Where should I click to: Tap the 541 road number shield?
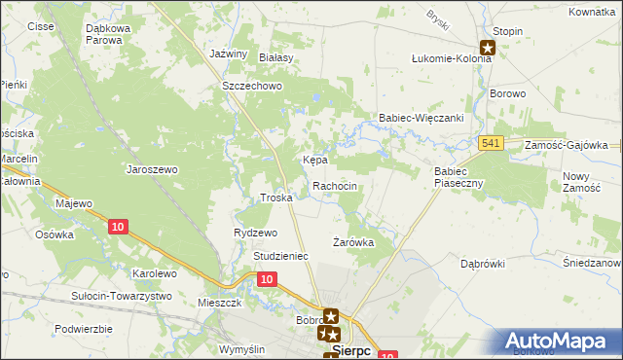click(491, 144)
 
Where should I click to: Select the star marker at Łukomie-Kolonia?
click(488, 46)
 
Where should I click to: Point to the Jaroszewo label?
click(152, 168)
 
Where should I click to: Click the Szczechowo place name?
click(251, 86)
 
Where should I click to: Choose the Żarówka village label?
click(353, 241)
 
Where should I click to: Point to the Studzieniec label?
click(280, 256)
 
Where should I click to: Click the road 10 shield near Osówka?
click(117, 227)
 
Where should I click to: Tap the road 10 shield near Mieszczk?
click(268, 279)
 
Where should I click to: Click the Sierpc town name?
click(350, 351)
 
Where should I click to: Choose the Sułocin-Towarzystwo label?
click(122, 295)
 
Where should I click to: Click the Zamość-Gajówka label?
click(566, 144)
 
